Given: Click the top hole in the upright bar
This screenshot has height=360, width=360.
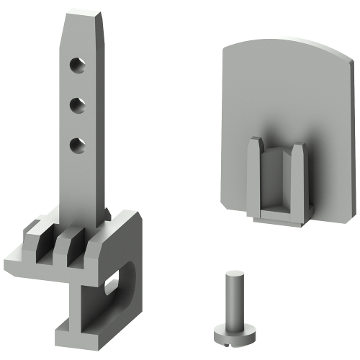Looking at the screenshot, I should (x=76, y=66).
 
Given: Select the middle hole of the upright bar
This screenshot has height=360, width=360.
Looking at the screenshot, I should (x=76, y=106).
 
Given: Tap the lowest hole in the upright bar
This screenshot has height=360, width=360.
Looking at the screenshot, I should (x=76, y=146).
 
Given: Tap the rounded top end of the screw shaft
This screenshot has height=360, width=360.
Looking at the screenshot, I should (x=233, y=276).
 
